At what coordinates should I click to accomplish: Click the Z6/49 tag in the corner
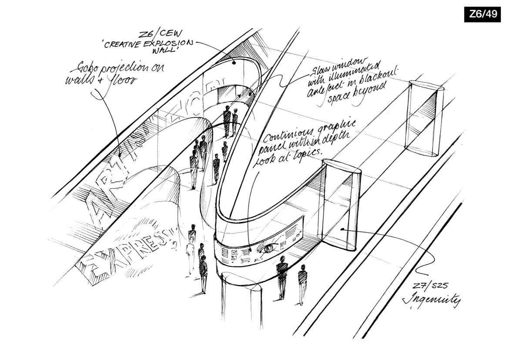coord(482,14)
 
